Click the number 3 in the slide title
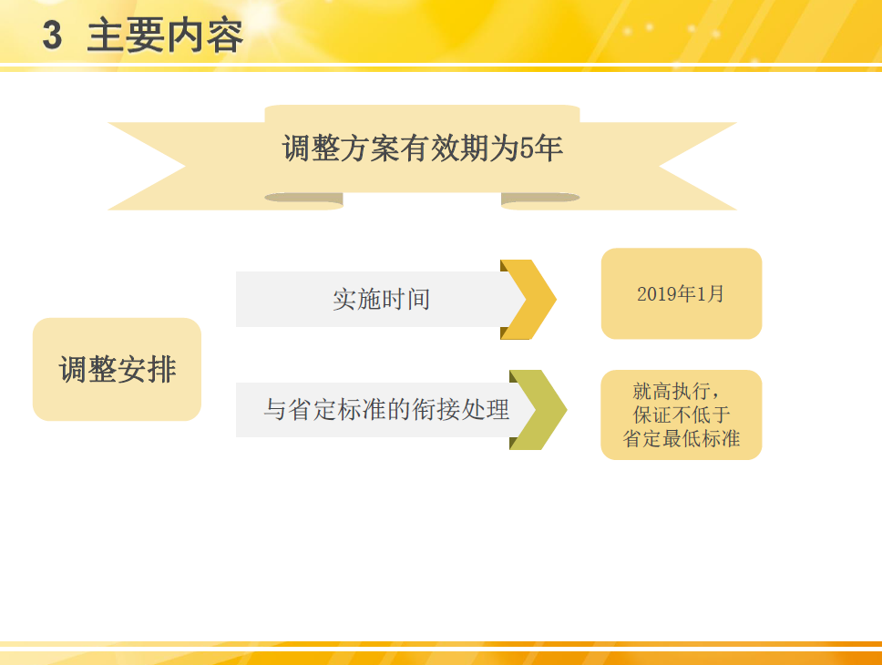click(52, 36)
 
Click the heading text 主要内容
click(165, 36)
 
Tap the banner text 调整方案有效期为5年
click(423, 148)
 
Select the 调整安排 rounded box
click(117, 369)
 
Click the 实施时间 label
click(381, 299)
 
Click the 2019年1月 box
click(681, 293)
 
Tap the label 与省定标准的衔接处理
click(386, 410)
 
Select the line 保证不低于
click(682, 415)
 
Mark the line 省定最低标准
click(682, 439)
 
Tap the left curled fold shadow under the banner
click(303, 198)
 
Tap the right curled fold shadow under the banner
click(539, 198)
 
